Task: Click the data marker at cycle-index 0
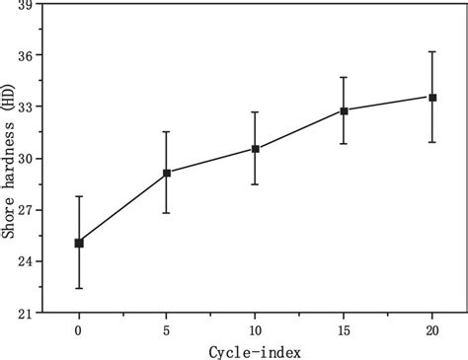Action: [79, 243]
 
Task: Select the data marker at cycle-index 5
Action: [167, 173]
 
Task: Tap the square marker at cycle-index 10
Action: [256, 149]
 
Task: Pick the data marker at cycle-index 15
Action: [344, 110]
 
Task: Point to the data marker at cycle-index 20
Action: [432, 97]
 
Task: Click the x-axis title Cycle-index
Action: [254, 350]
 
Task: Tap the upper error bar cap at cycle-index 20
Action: [432, 51]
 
